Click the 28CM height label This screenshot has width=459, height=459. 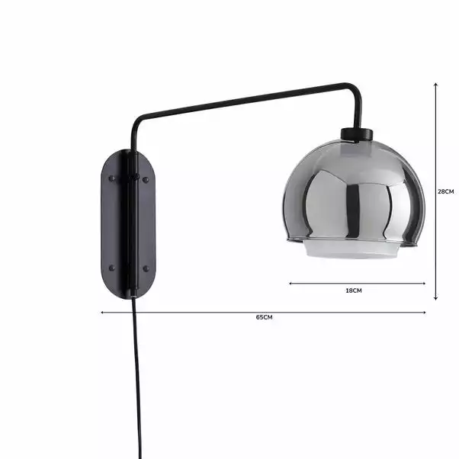coord(445,192)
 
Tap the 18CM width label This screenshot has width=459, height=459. coord(354,290)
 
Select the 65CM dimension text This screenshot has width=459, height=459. coord(264,317)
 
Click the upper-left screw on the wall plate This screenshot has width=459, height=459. coord(112,179)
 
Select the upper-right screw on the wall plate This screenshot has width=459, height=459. coord(146,179)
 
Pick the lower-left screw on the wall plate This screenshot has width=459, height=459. coord(112,268)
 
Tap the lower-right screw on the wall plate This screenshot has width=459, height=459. coord(146,268)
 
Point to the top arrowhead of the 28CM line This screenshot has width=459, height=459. coord(435,85)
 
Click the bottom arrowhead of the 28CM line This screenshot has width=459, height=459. coord(435,298)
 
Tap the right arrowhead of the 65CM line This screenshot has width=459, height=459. coord(424,312)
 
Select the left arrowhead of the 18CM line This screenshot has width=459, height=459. coord(290,284)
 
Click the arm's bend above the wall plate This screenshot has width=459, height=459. coord(136,122)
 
